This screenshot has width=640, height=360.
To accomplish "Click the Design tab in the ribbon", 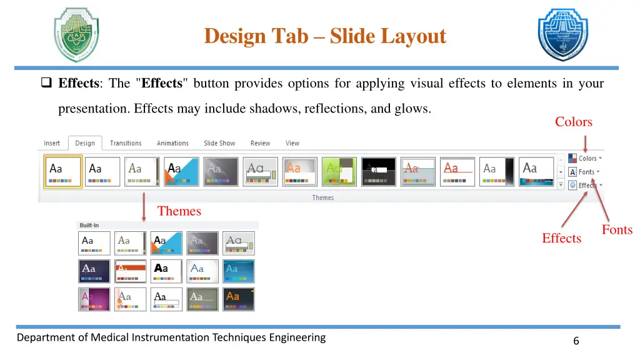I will tap(85, 143).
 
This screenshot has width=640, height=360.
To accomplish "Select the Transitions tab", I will tap(126, 143).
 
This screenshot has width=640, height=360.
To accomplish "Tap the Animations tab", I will tap(172, 143).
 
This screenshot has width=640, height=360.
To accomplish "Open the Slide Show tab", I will tap(219, 143).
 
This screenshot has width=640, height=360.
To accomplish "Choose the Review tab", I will tap(261, 143).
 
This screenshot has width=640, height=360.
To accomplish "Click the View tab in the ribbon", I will tap(292, 143).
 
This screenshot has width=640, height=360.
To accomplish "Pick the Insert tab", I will tap(52, 143).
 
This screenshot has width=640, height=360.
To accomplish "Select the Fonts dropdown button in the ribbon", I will tap(584, 172).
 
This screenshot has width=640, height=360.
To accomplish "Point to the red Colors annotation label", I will tap(573, 122).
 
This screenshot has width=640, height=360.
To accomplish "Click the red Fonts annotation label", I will tap(617, 230).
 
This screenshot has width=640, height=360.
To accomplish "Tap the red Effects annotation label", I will tap(561, 238).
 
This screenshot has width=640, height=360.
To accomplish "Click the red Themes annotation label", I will tap(179, 211).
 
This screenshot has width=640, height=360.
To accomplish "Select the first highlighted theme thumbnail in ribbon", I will tap(63, 171).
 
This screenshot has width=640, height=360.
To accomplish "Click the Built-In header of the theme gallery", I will tap(89, 225).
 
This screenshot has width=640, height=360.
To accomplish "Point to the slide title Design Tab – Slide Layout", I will tap(325, 36).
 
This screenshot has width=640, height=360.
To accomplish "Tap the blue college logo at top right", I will tap(562, 35).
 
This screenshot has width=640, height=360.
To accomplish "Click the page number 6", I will tap(576, 341).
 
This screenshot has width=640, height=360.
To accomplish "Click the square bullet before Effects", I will tap(46, 83).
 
